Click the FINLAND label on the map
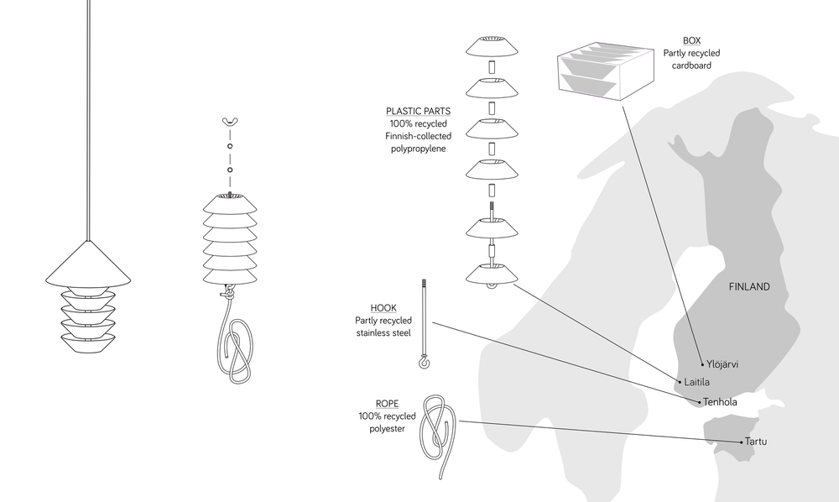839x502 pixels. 748,287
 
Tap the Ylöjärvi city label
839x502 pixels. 727,363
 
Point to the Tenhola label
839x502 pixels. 721,402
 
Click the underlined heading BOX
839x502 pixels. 691,40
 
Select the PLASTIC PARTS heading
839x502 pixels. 418,111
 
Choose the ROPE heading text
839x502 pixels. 387,404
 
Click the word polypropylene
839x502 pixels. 418,149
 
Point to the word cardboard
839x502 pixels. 691,65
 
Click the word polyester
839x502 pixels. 387,429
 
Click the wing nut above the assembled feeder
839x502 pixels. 229,123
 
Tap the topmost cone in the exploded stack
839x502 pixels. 492,44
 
